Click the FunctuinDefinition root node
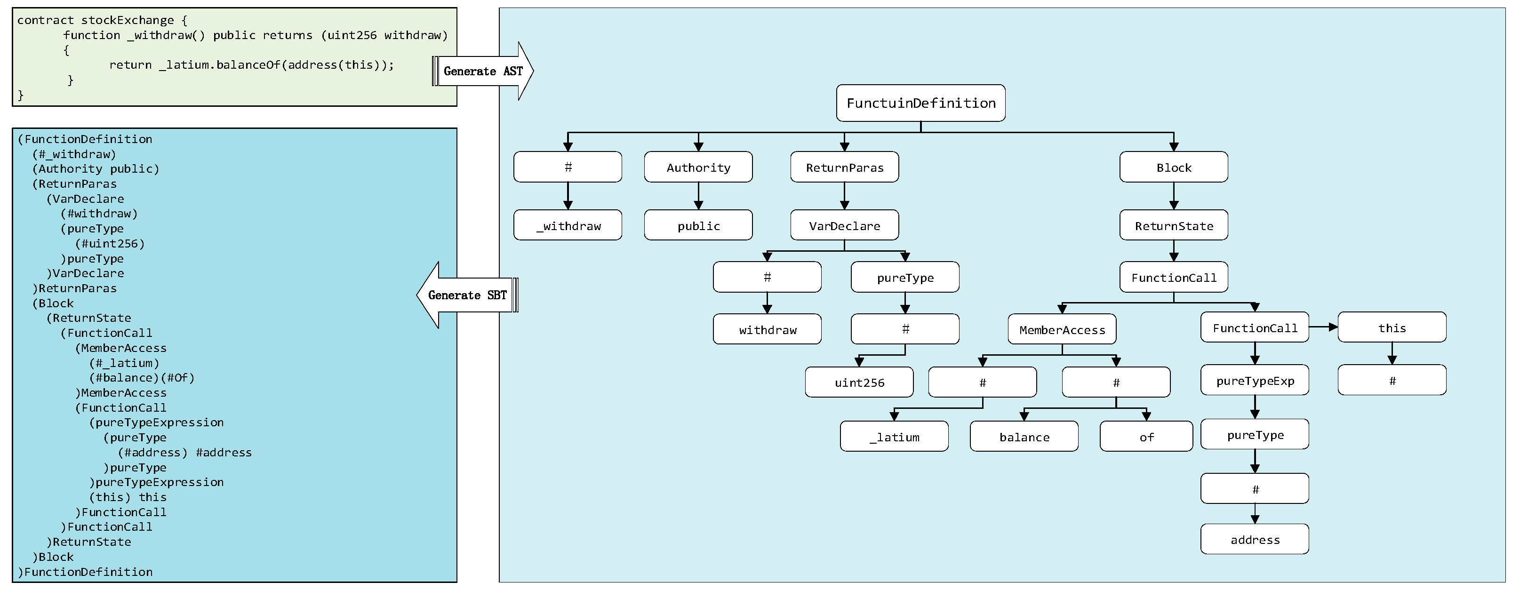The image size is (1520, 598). click(x=920, y=103)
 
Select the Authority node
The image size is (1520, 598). click(x=698, y=167)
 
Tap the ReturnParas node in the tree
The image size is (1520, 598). click(x=844, y=167)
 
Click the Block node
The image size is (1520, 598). click(x=1173, y=167)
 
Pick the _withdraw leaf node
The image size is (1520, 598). click(x=568, y=225)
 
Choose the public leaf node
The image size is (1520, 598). click(x=698, y=225)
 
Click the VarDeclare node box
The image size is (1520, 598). click(x=844, y=225)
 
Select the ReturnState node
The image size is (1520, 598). click(x=1173, y=225)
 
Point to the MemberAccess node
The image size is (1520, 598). click(x=1062, y=329)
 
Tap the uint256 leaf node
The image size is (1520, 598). click(x=859, y=382)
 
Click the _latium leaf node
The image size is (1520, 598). click(x=894, y=437)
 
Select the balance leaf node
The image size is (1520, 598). click(x=1024, y=437)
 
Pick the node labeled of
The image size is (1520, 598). click(x=1146, y=437)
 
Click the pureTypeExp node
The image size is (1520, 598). click(x=1255, y=380)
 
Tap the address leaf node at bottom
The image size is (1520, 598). click(x=1255, y=539)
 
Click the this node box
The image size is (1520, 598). click(x=1392, y=327)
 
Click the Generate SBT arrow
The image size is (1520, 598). click(x=466, y=295)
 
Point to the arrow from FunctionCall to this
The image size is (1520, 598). click(x=1323, y=327)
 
